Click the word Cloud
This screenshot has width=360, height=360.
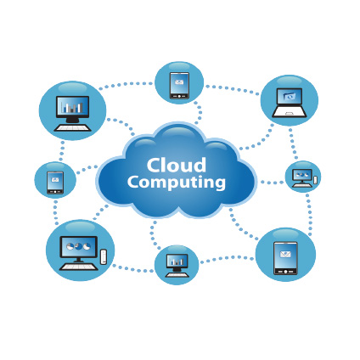(x=177, y=166)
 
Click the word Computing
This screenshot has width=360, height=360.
(x=177, y=183)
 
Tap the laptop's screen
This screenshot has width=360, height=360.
(x=290, y=97)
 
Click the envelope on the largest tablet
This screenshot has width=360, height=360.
(x=285, y=254)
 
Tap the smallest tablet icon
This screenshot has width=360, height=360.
(x=55, y=183)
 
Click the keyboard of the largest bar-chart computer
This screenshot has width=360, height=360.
(x=73, y=127)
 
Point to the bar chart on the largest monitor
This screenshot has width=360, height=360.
(x=72, y=107)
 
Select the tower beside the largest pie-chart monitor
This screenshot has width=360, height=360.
(x=104, y=256)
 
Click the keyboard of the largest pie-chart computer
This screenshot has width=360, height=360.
(x=78, y=267)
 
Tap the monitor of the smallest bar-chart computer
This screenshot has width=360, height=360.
(x=177, y=261)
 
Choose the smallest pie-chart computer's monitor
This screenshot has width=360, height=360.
(x=302, y=175)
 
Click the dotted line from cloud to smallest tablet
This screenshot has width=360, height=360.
(x=87, y=169)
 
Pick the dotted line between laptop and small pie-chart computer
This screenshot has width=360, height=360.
(x=293, y=143)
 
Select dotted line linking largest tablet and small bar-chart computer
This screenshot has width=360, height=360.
(x=227, y=258)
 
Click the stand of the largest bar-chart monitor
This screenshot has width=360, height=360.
(x=72, y=120)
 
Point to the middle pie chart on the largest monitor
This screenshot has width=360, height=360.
(x=78, y=246)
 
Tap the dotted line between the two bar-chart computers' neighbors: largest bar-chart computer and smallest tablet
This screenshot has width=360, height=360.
(x=62, y=150)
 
